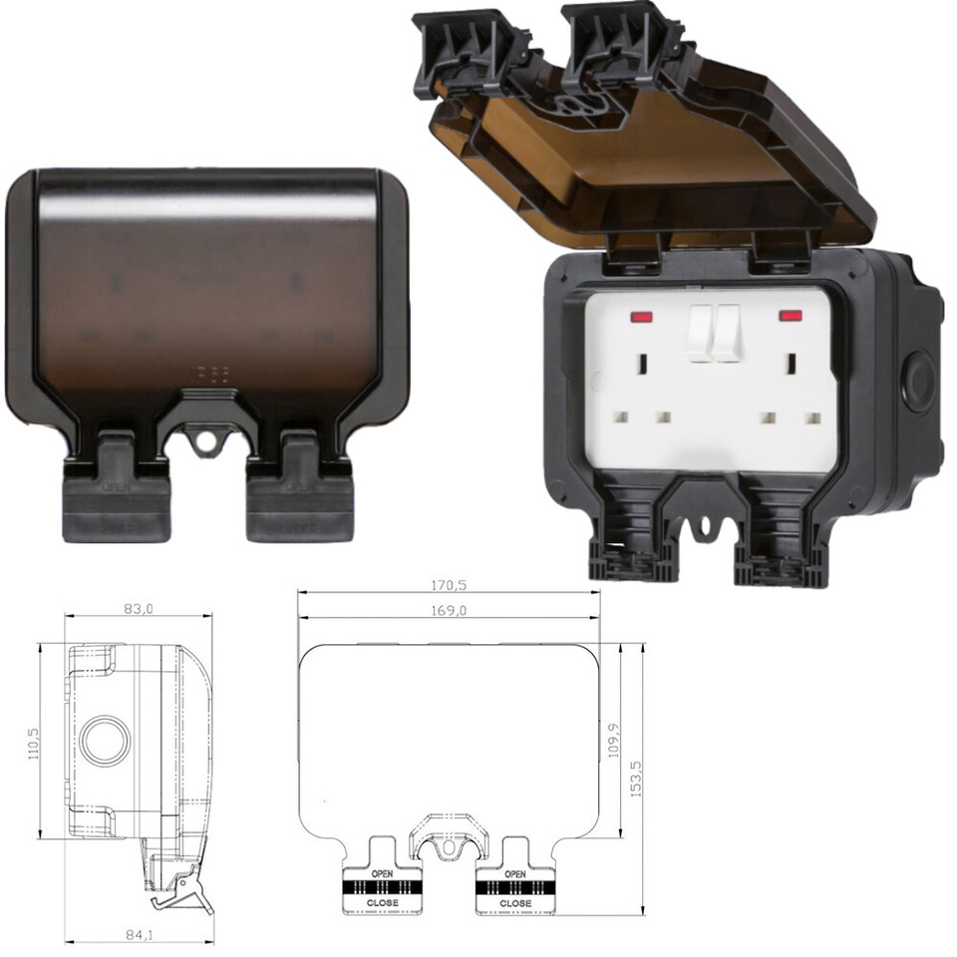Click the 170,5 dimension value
click(x=449, y=584)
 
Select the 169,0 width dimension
click(x=449, y=610)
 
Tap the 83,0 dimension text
click(x=139, y=607)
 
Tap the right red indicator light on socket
click(x=791, y=317)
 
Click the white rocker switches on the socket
click(x=715, y=331)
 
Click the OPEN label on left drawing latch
click(x=383, y=874)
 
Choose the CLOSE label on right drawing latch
click(x=515, y=903)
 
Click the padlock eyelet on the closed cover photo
click(x=207, y=441)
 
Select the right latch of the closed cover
click(x=299, y=488)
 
